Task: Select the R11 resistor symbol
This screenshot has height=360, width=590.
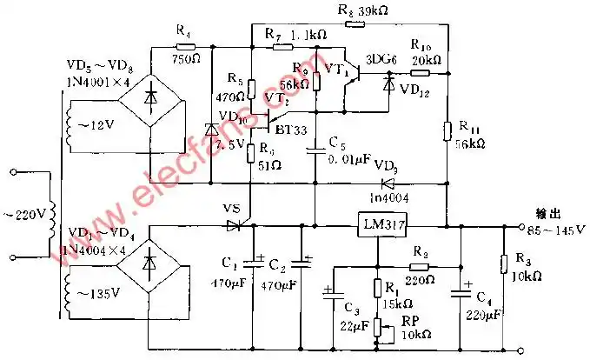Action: (447, 130)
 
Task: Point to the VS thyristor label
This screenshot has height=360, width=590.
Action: (231, 209)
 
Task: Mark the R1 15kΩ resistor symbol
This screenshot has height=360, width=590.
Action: (379, 288)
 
